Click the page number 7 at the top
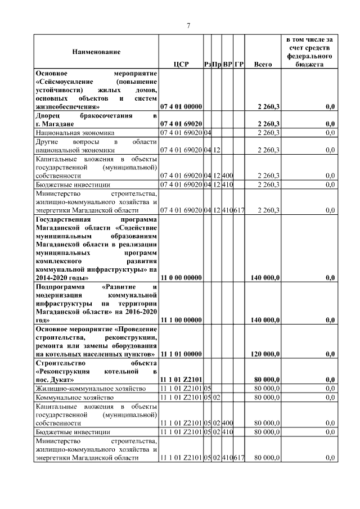[188, 25]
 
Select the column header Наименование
[96, 52]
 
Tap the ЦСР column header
[181, 65]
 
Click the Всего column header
[263, 65]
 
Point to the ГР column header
[239, 65]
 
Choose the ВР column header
[227, 65]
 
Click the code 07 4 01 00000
[181, 106]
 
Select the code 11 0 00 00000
[181, 278]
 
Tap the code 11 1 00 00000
[181, 320]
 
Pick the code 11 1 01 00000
[181, 354]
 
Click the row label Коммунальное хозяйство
[72, 398]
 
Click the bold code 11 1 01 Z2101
[181, 380]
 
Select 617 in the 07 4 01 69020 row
[239, 210]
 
